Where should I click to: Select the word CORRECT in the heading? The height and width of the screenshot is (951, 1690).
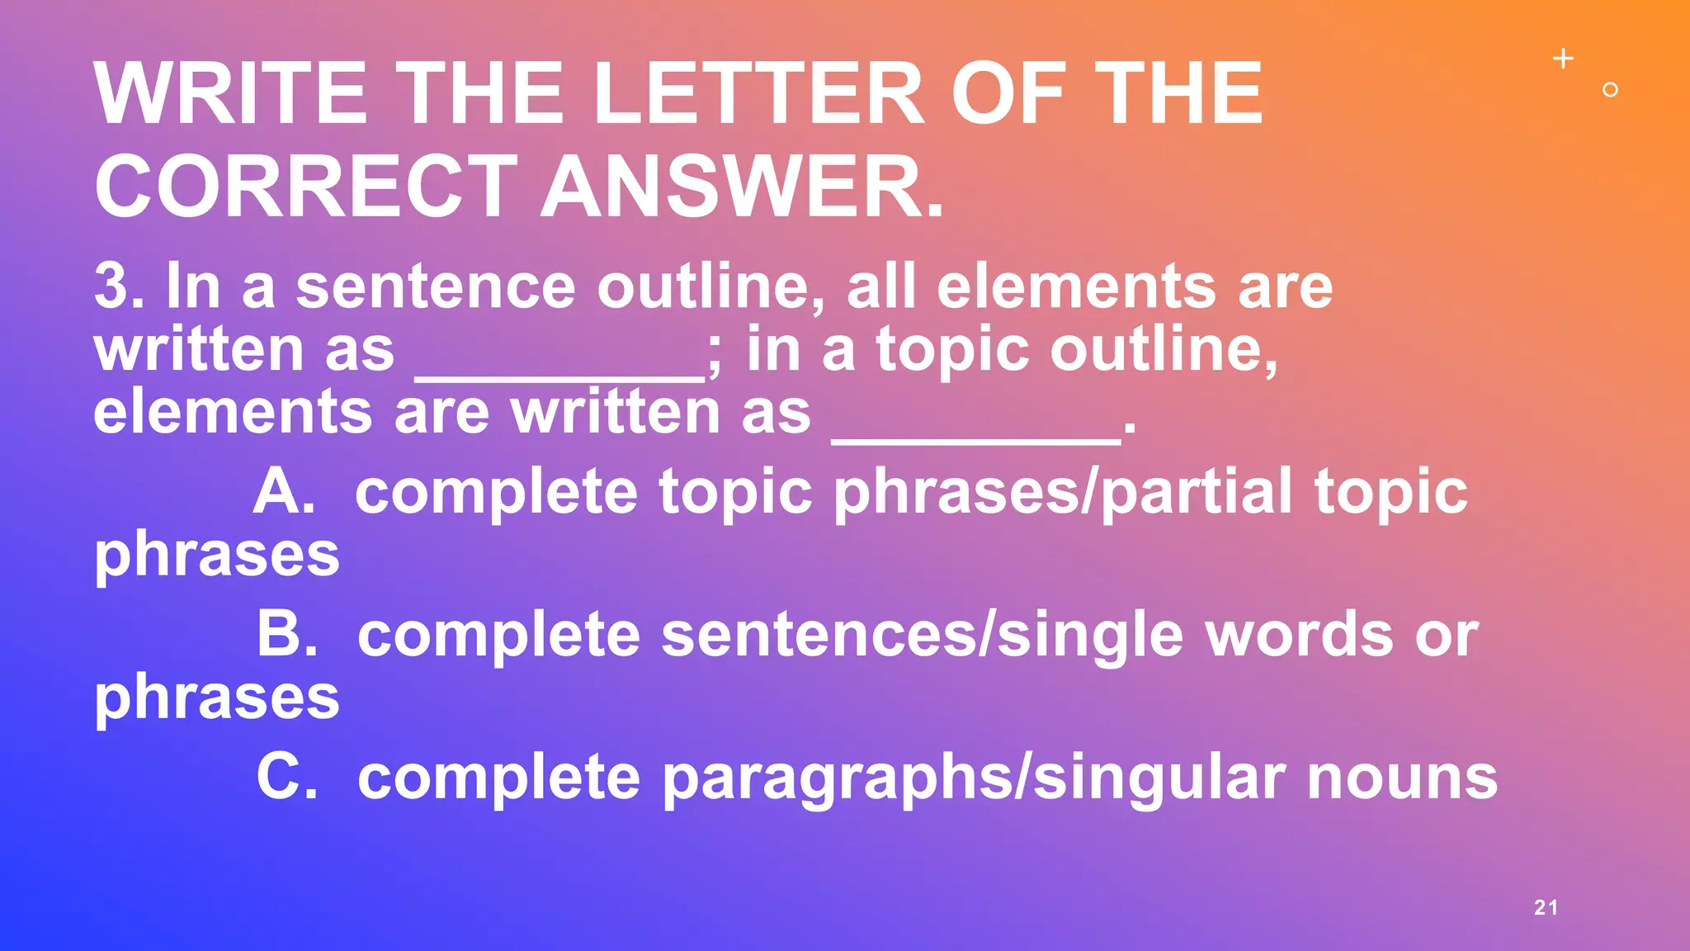click(305, 187)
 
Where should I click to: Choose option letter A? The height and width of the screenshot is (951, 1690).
click(284, 492)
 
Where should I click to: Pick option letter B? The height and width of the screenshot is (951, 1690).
click(286, 635)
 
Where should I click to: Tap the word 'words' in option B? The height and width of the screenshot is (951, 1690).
click(1299, 635)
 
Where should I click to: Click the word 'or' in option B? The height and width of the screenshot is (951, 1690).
click(1447, 636)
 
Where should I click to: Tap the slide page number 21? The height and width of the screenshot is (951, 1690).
click(1546, 907)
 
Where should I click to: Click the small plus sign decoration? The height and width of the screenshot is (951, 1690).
click(1563, 59)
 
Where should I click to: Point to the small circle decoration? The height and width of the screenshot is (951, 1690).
click(1610, 90)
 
